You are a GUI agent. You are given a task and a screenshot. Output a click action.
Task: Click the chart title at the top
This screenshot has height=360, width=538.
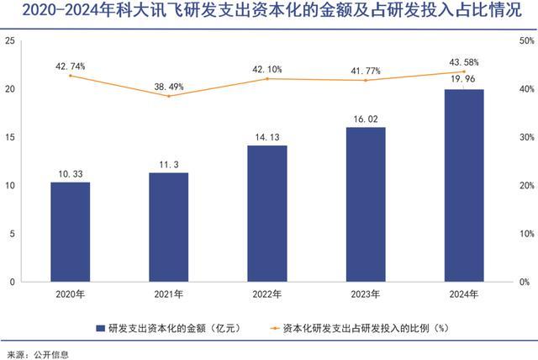tap(269, 12)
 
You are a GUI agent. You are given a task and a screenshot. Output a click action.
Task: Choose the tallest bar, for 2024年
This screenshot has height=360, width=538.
tap(464, 185)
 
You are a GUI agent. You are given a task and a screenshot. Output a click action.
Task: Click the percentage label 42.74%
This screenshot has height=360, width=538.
tap(70, 65)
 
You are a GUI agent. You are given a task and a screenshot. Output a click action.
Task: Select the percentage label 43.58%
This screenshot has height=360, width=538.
tap(464, 61)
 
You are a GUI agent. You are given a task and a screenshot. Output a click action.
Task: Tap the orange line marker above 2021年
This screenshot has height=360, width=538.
tap(168, 96)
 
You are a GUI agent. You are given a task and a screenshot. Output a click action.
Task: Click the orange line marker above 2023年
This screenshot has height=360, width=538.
tap(366, 80)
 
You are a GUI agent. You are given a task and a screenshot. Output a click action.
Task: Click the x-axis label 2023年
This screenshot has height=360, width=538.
tap(366, 294)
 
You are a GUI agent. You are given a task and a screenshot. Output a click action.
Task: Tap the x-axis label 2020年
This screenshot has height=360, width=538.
tap(70, 294)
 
